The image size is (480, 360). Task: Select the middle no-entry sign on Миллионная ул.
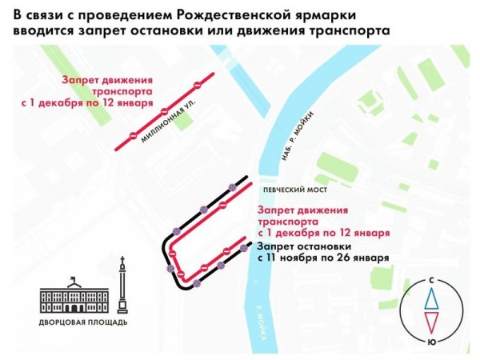point(164,112)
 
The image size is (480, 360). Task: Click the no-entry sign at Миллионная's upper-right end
point(196,84)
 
